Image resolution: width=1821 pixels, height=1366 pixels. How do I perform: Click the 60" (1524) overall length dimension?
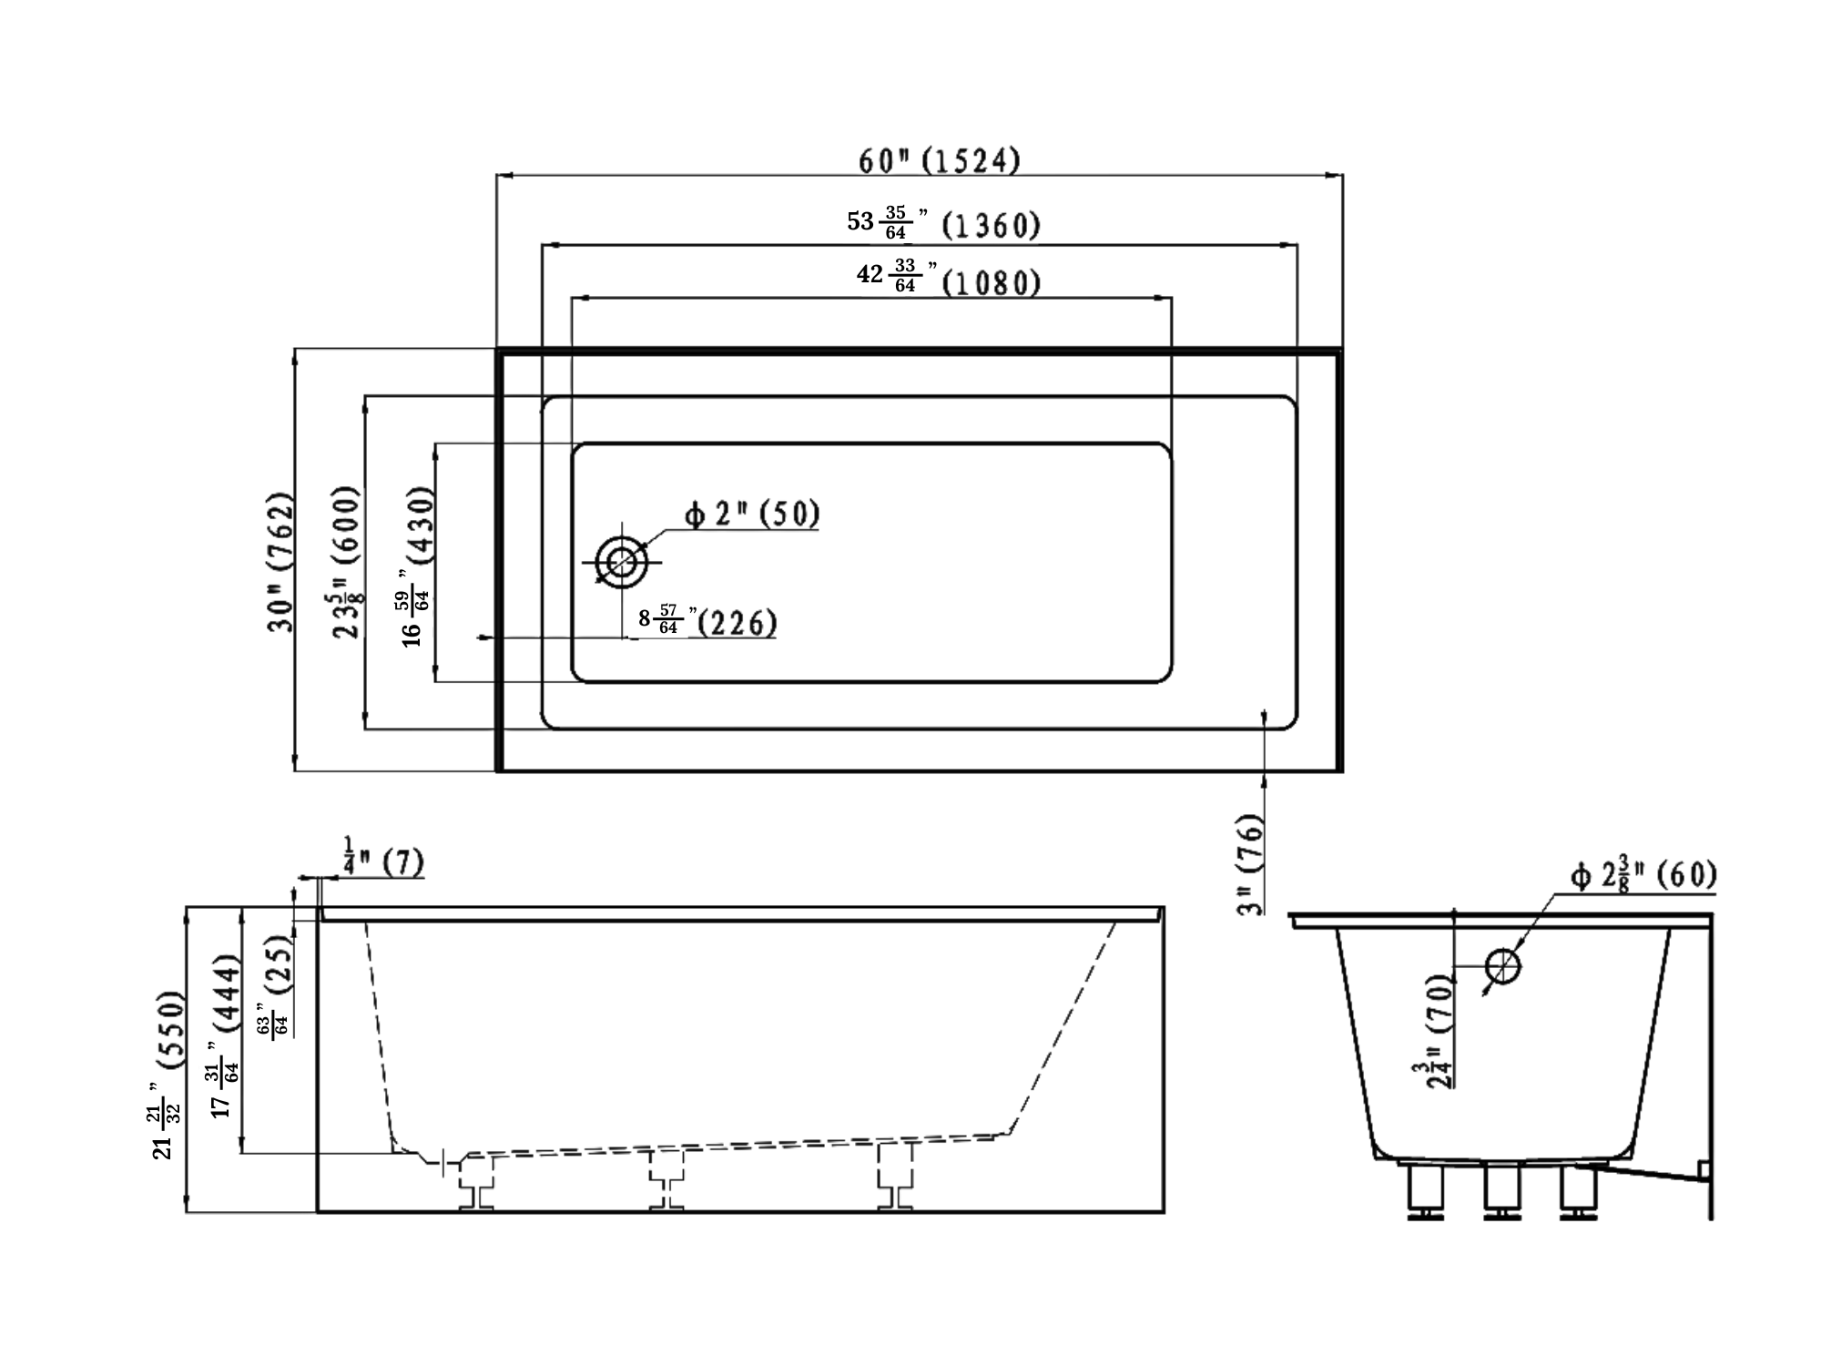(939, 161)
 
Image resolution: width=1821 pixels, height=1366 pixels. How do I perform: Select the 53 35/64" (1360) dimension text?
(943, 223)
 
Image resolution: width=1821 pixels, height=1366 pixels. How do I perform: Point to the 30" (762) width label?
(281, 563)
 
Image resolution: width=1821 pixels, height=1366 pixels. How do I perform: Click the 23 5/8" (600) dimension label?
(348, 563)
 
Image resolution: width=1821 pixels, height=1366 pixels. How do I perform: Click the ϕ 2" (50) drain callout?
(752, 515)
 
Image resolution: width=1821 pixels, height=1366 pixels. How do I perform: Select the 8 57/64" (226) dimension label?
(707, 622)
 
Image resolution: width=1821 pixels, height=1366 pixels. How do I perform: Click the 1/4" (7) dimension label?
(383, 861)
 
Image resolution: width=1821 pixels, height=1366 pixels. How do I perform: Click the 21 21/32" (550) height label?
(169, 1075)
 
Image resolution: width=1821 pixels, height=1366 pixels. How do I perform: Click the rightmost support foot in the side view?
(895, 1177)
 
